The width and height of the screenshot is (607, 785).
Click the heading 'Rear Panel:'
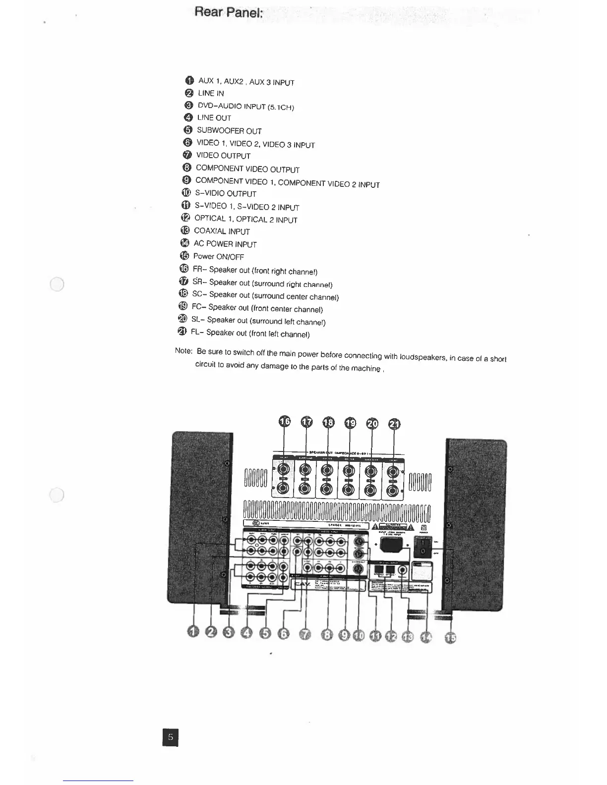click(x=228, y=12)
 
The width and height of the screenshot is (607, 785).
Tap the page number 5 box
click(x=170, y=737)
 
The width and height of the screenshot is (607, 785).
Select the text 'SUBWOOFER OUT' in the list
click(x=229, y=131)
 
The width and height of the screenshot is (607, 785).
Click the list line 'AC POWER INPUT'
click(x=225, y=244)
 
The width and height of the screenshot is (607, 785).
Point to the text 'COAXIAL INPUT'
click(x=222, y=231)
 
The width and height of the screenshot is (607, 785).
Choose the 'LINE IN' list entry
click(x=211, y=93)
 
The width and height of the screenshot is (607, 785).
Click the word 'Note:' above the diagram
click(x=183, y=351)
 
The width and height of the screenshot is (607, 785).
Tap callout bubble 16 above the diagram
click(x=285, y=422)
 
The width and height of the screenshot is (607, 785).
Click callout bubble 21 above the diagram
click(x=394, y=424)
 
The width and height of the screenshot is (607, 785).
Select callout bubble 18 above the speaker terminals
click(x=328, y=423)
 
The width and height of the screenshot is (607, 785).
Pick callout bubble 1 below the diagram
click(x=193, y=631)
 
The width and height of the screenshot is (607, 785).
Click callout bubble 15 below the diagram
click(x=450, y=637)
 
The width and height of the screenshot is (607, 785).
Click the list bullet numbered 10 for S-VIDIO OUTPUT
click(x=186, y=193)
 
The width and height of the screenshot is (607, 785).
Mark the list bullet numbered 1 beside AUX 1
click(x=189, y=81)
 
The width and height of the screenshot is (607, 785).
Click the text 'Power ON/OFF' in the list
click(x=218, y=257)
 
